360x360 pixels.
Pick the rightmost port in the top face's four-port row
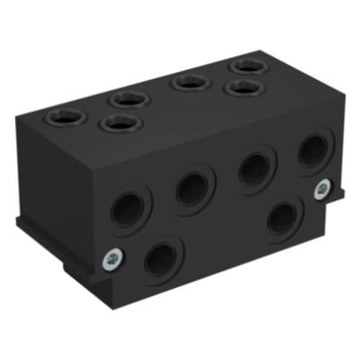[244, 67]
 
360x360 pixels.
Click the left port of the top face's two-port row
[121, 122]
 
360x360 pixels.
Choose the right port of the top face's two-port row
[241, 87]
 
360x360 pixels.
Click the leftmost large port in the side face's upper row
[127, 208]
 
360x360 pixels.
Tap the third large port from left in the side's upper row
[255, 167]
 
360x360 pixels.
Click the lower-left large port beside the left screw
[163, 259]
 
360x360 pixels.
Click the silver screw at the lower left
[110, 259]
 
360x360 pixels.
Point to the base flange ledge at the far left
[22, 223]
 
